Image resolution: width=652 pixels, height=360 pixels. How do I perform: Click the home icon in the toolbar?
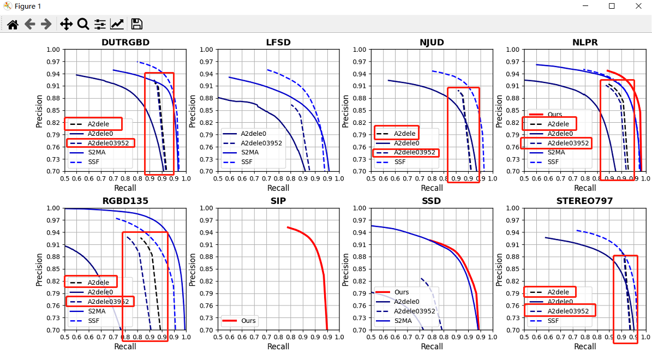click(x=13, y=24)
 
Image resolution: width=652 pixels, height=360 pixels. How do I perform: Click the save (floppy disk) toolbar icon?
click(x=137, y=24)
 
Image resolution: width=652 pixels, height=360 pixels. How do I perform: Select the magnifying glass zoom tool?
click(x=83, y=24)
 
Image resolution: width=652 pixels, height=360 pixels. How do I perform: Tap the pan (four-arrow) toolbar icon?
click(x=65, y=24)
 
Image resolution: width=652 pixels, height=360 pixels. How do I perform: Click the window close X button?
click(x=638, y=6)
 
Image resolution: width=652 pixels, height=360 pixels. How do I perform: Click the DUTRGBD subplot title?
click(x=125, y=42)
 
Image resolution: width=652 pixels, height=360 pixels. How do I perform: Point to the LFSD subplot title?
click(x=278, y=42)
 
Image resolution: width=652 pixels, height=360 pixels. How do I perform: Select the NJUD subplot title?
click(x=432, y=42)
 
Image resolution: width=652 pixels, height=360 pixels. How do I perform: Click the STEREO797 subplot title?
click(x=585, y=201)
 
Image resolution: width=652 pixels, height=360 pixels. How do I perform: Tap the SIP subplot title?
click(x=278, y=201)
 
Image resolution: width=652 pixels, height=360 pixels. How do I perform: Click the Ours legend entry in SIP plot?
click(x=248, y=321)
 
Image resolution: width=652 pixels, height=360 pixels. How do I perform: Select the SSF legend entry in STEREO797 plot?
click(x=553, y=321)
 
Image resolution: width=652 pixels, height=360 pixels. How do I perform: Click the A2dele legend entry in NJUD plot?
click(x=405, y=133)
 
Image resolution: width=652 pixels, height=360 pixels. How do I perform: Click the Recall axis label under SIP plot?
click(x=278, y=346)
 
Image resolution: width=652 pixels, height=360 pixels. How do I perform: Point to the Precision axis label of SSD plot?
click(x=346, y=269)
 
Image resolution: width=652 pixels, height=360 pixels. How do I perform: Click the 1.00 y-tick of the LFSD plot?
click(x=205, y=50)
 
